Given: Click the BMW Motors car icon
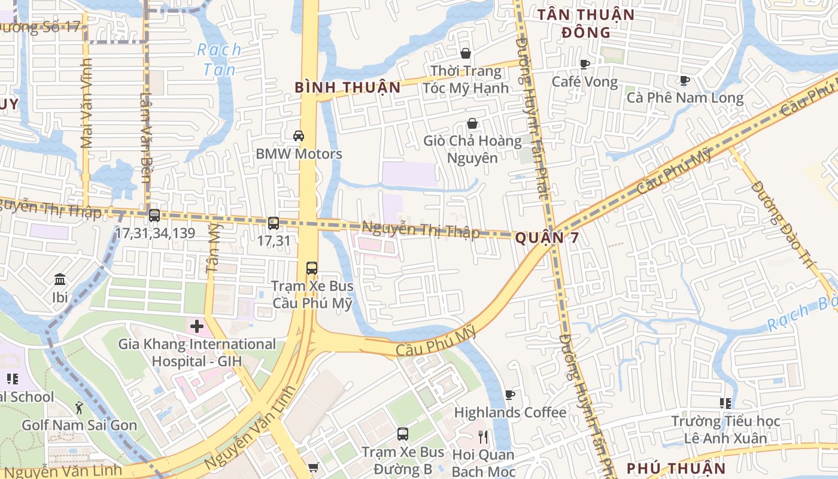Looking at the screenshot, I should pyautogui.click(x=299, y=136).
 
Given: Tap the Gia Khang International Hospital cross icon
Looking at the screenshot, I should pyautogui.click(x=197, y=326).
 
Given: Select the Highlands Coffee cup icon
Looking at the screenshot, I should pyautogui.click(x=509, y=395).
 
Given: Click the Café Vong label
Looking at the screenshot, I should pyautogui.click(x=584, y=81).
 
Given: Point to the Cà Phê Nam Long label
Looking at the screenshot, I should pyautogui.click(x=685, y=98).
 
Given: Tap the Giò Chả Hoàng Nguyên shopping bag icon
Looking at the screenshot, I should pyautogui.click(x=472, y=124).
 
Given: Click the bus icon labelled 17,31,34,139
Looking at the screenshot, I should pyautogui.click(x=154, y=216).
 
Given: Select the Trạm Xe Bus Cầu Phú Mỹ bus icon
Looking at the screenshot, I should pyautogui.click(x=312, y=268).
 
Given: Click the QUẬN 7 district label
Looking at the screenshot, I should pyautogui.click(x=547, y=238).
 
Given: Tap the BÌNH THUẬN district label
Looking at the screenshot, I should pyautogui.click(x=347, y=87).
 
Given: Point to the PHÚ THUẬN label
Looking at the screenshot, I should pyautogui.click(x=676, y=468).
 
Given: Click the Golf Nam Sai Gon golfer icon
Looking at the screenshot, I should pyautogui.click(x=79, y=408).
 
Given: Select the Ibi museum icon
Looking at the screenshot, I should pyautogui.click(x=60, y=280).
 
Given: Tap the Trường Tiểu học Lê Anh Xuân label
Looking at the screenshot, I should pyautogui.click(x=725, y=430).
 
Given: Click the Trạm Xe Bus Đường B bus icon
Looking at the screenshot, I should pyautogui.click(x=403, y=434).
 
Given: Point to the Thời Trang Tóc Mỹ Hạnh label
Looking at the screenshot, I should pyautogui.click(x=466, y=80).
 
